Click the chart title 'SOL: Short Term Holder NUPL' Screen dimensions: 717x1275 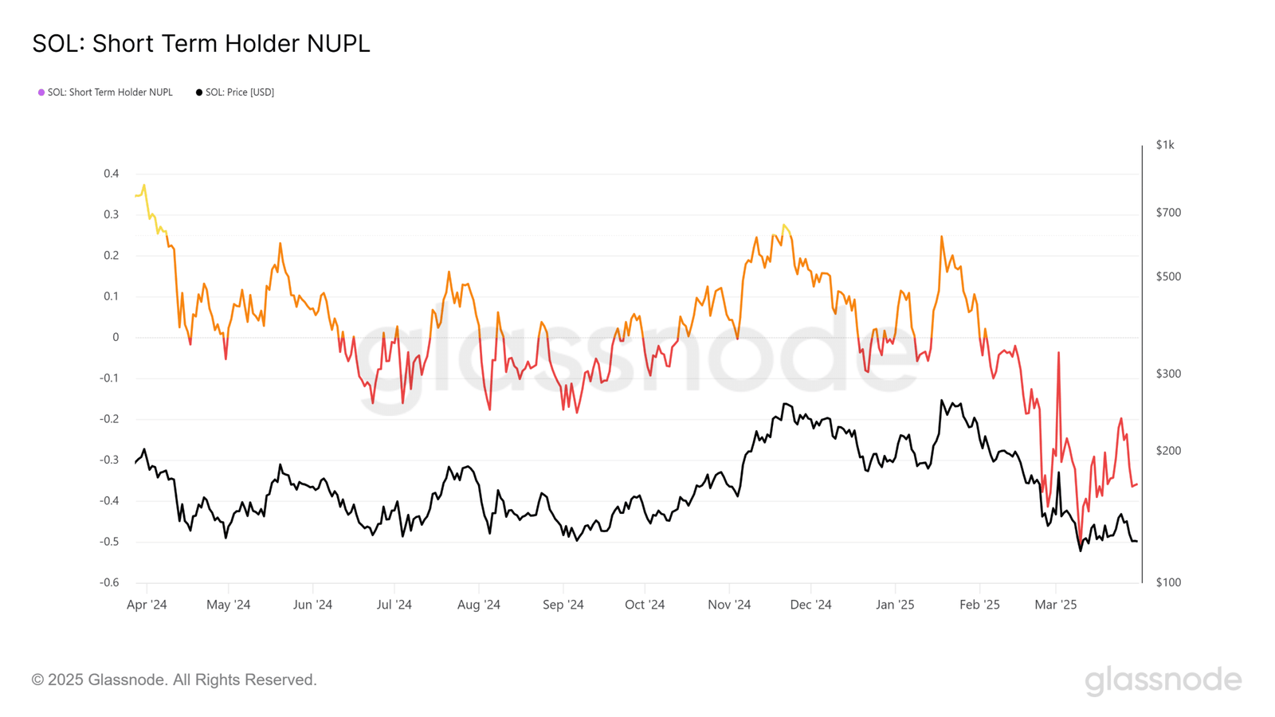[x=201, y=44]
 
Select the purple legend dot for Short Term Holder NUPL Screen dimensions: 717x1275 [x=41, y=92]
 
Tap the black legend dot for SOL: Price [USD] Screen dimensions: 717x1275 [x=199, y=92]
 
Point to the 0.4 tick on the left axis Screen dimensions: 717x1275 [x=111, y=174]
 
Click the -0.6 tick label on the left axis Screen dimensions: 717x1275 [x=109, y=582]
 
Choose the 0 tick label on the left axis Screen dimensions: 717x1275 [x=116, y=337]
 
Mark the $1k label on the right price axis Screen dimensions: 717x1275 [x=1165, y=145]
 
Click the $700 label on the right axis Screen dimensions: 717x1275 [x=1168, y=213]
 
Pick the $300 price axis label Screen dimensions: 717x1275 [x=1168, y=374]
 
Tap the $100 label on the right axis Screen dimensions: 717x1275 [x=1168, y=582]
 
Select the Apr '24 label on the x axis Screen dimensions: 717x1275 [x=147, y=605]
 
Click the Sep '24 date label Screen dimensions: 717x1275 [x=563, y=605]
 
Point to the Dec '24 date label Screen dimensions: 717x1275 [x=810, y=605]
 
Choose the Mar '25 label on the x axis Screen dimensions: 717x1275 [x=1055, y=605]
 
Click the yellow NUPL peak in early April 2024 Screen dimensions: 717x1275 [x=144, y=186]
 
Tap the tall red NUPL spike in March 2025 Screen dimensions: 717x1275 [x=1058, y=353]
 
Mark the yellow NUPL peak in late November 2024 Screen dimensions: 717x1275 [x=784, y=225]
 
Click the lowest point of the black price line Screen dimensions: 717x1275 [x=1081, y=550]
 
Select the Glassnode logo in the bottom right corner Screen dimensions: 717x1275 [x=1163, y=680]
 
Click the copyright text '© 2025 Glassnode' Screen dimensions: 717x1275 [x=174, y=680]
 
